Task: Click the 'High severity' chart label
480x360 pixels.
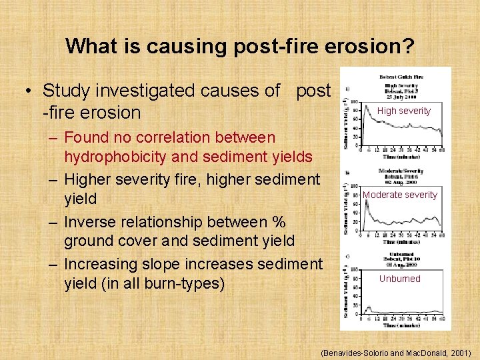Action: coord(404,111)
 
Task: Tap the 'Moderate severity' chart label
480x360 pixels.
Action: coord(399,195)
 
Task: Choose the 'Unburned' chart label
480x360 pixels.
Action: coord(399,279)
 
